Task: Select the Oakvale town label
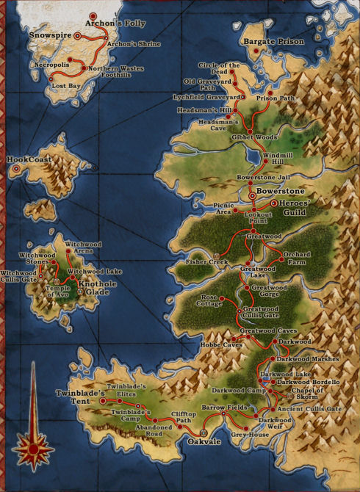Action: [x=204, y=442]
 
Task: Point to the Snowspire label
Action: [x=48, y=34]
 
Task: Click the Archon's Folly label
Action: [x=116, y=23]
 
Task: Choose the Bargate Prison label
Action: [x=273, y=42]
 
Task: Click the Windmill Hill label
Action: [x=277, y=159]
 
